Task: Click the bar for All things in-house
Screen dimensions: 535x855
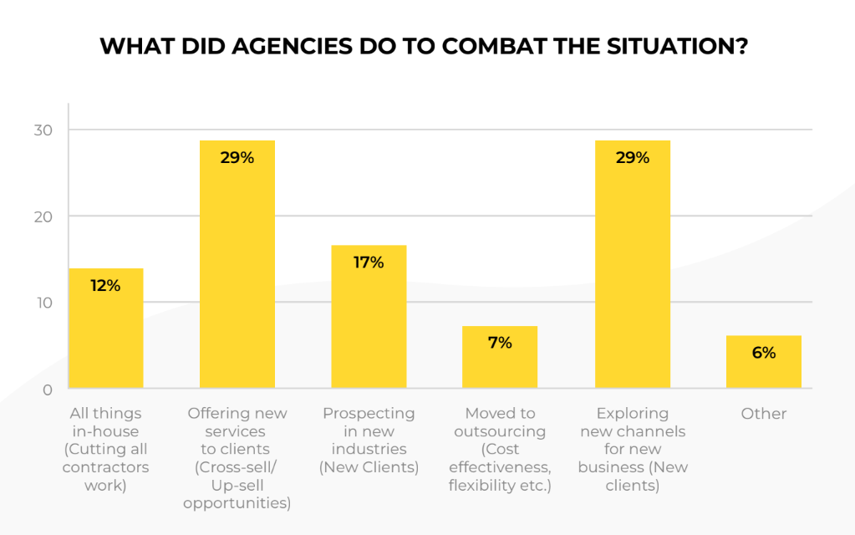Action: pyautogui.click(x=105, y=329)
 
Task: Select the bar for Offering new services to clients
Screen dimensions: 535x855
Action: pyautogui.click(x=237, y=264)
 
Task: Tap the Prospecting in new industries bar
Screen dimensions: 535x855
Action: pyautogui.click(x=369, y=317)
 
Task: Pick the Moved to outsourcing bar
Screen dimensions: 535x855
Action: pyautogui.click(x=500, y=357)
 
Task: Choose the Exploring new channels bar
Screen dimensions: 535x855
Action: pyautogui.click(x=632, y=264)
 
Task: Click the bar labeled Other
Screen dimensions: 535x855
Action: pyautogui.click(x=763, y=362)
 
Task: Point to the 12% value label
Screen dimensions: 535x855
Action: pyautogui.click(x=105, y=286)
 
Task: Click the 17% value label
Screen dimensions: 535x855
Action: pyautogui.click(x=369, y=262)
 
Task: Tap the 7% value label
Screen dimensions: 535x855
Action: pyautogui.click(x=500, y=343)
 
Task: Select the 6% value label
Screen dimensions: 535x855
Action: pyautogui.click(x=763, y=353)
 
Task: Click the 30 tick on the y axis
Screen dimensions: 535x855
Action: pyautogui.click(x=43, y=130)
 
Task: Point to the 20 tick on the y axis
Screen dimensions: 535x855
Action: pyautogui.click(x=43, y=217)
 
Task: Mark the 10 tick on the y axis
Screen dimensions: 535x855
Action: pyautogui.click(x=43, y=303)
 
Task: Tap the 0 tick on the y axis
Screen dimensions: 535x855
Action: pyautogui.click(x=48, y=390)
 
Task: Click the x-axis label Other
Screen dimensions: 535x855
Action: pyautogui.click(x=763, y=414)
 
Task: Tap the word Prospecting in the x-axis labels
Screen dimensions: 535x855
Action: pyautogui.click(x=369, y=414)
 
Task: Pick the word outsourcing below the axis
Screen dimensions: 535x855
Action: pyautogui.click(x=500, y=432)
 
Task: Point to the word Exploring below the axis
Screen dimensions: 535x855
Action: pyautogui.click(x=632, y=414)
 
